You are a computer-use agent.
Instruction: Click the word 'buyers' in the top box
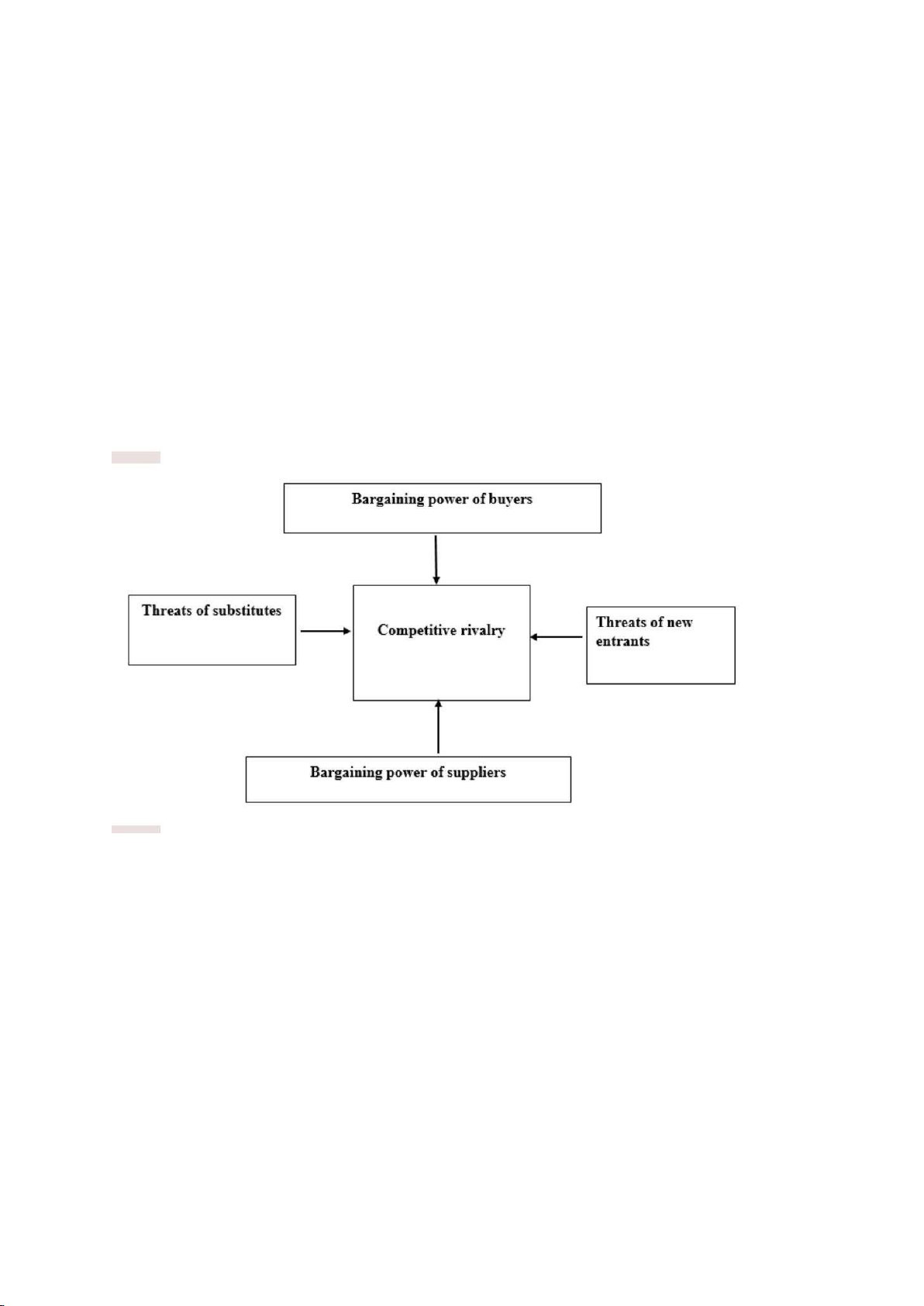512,500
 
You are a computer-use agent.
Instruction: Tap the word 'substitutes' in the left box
246,611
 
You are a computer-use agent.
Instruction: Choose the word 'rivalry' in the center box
483,631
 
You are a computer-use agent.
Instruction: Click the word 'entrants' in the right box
622,641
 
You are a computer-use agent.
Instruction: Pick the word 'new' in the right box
680,622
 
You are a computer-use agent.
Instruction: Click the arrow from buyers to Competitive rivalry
436,560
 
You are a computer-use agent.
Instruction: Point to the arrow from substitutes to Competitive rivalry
326,631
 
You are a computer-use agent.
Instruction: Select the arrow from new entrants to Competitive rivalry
556,637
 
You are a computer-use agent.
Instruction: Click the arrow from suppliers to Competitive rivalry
439,726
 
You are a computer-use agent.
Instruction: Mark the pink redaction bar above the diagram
136,457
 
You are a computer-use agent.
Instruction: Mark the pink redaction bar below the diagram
136,829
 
